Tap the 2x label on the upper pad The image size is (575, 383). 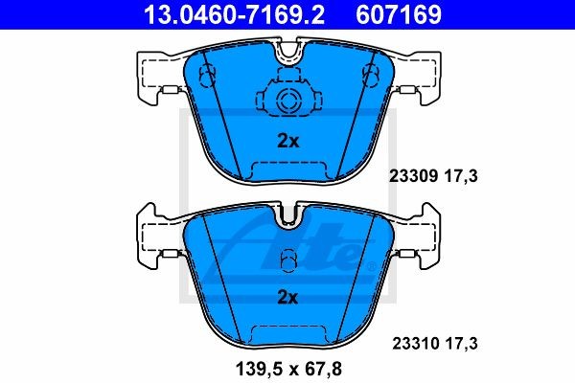coord(287,141)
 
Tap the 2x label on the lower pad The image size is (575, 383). coord(287,297)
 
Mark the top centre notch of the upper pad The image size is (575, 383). coord(287,57)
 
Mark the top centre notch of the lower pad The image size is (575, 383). coord(287,218)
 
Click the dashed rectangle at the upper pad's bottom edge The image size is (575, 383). coord(287,171)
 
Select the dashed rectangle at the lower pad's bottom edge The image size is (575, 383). coord(287,334)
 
